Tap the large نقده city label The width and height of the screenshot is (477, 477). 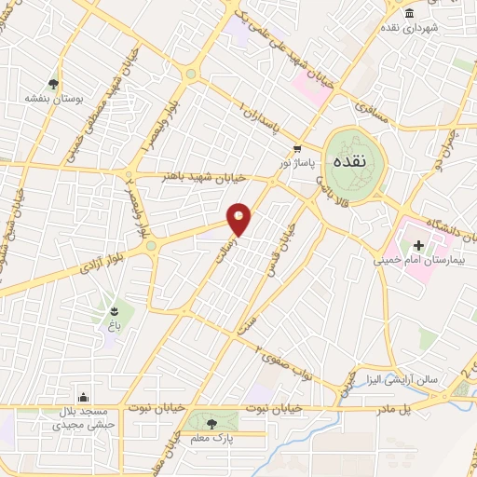tap(354, 160)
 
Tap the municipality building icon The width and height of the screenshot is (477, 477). tap(411, 11)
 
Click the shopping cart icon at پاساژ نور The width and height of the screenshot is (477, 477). tap(297, 148)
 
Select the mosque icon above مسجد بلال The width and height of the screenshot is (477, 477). tap(86, 397)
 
